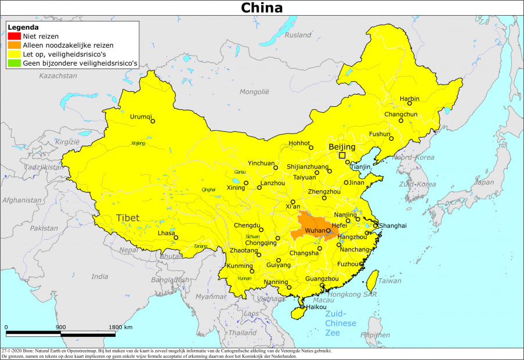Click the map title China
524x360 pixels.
(x=262, y=8)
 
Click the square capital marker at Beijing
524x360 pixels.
(x=342, y=155)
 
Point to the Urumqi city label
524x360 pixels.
(x=140, y=116)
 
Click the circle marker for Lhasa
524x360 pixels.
(x=176, y=237)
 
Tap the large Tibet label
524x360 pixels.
(x=128, y=218)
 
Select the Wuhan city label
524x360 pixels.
(x=315, y=231)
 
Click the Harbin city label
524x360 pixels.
(x=409, y=99)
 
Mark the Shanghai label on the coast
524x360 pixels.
(x=393, y=225)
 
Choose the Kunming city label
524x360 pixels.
(x=240, y=265)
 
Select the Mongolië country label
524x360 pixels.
(x=255, y=92)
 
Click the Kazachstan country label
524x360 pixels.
(x=58, y=75)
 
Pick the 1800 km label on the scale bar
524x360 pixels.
(x=120, y=327)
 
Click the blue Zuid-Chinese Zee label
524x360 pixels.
(x=340, y=323)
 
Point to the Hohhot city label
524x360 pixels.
(x=299, y=143)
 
